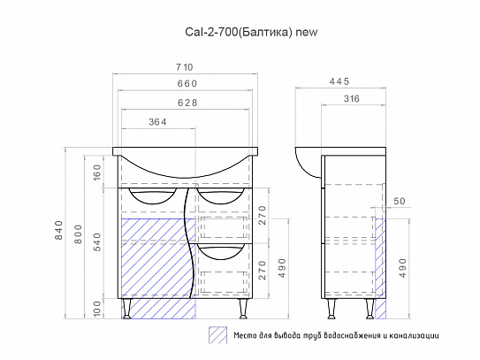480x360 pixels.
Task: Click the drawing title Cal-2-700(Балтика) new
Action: point(251,32)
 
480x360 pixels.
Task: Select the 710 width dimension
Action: point(185,67)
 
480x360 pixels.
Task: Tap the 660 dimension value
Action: point(187,83)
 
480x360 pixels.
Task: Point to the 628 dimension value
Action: point(187,103)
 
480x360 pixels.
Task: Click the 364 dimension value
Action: point(157,122)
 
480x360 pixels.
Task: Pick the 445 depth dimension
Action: point(339,81)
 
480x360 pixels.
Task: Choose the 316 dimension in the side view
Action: point(351,99)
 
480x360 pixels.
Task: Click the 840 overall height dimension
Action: point(58,230)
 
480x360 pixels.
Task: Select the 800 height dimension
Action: point(79,234)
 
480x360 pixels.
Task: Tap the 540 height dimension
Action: point(97,242)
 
